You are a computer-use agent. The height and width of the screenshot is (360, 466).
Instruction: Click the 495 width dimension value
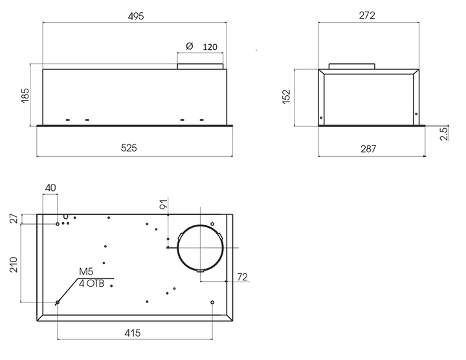tap(136, 16)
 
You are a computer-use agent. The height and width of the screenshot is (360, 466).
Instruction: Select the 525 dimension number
tap(129, 148)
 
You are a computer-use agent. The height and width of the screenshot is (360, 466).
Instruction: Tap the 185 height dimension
tap(25, 95)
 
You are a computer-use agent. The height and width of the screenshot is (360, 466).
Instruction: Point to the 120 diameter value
tap(210, 47)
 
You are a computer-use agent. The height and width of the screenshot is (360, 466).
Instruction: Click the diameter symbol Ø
tap(189, 46)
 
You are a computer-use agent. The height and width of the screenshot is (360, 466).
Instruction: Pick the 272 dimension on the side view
tap(367, 15)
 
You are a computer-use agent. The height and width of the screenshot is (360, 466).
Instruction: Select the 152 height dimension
tap(286, 96)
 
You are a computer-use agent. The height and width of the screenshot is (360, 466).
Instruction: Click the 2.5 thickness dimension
tap(444, 133)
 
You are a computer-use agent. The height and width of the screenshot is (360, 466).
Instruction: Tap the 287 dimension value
tap(368, 148)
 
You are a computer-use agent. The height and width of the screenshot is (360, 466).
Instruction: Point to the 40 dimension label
tap(50, 188)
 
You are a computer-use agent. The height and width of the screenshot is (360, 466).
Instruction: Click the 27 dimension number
tap(14, 218)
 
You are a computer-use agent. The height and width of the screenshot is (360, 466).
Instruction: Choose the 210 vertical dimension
tap(14, 265)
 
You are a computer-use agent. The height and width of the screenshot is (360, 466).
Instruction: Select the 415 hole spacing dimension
tap(132, 333)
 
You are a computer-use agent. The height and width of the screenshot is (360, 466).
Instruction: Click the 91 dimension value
tap(164, 205)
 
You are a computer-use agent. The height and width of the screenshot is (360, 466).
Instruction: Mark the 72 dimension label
tap(243, 276)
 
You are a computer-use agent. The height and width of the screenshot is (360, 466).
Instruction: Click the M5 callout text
tap(86, 271)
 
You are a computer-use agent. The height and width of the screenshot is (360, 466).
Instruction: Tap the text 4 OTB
tap(92, 284)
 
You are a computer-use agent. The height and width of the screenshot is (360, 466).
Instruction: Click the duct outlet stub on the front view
tap(200, 66)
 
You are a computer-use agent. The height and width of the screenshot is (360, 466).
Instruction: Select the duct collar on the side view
tap(352, 66)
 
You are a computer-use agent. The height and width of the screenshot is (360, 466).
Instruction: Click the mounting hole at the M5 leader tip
tap(58, 302)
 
